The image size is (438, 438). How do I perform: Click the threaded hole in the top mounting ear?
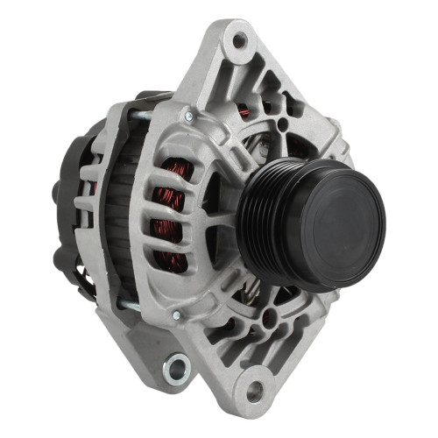[x=238, y=39]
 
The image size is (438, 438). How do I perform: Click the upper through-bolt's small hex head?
[x=187, y=116]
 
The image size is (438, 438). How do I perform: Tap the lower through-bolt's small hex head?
[x=176, y=314]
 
